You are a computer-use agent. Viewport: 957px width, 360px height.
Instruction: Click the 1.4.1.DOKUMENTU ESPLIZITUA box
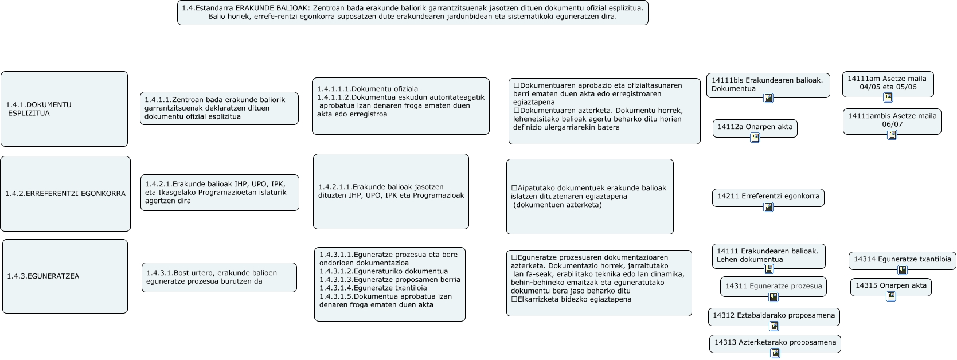[64, 109]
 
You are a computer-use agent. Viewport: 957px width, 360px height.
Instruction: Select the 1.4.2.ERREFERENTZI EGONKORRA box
[65, 194]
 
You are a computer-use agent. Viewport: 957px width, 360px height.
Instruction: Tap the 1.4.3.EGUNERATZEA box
[65, 276]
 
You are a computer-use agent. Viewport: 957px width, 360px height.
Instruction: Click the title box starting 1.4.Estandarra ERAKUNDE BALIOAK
[412, 13]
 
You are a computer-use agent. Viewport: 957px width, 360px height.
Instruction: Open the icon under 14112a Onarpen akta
[755, 138]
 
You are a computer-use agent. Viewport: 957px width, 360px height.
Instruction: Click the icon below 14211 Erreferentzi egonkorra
[768, 207]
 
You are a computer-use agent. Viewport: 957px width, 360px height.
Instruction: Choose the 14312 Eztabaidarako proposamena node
[774, 316]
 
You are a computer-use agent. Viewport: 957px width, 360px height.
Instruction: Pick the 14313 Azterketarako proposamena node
[775, 343]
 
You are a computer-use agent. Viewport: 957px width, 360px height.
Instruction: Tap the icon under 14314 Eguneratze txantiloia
[903, 270]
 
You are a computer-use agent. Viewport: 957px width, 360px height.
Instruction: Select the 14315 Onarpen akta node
[890, 286]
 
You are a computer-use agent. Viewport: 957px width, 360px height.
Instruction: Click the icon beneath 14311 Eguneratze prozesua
[774, 297]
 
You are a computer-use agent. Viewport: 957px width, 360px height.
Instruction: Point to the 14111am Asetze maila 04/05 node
[888, 83]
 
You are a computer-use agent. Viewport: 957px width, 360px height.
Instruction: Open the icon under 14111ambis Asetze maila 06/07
[892, 135]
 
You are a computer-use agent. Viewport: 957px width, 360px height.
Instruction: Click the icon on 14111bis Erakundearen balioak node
[768, 98]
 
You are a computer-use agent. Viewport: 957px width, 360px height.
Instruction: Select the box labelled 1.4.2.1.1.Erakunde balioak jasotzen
[390, 191]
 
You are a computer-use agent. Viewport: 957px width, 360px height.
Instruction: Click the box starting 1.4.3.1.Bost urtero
[219, 277]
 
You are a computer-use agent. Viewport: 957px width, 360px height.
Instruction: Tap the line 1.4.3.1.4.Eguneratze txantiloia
[373, 288]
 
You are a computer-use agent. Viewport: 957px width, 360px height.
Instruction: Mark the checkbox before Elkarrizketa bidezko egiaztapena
[514, 299]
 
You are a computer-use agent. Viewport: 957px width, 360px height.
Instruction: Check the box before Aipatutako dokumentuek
[514, 188]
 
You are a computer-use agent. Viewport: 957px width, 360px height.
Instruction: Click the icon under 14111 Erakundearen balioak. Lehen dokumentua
[769, 269]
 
